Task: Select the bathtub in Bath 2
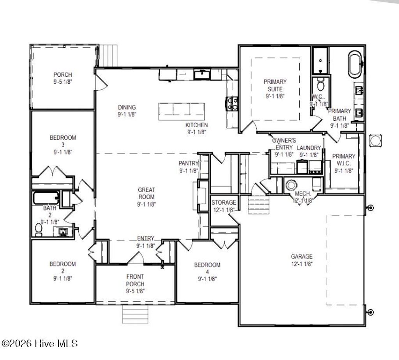(x=46, y=198)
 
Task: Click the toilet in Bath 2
(x=39, y=230)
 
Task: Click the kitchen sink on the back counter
(x=202, y=73)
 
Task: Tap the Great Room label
(x=146, y=197)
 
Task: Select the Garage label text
(x=302, y=260)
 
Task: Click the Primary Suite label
(x=275, y=89)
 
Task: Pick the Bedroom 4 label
(x=207, y=272)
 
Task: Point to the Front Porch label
(x=135, y=283)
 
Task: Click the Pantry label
(x=189, y=167)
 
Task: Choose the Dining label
(x=127, y=111)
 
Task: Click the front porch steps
(x=136, y=312)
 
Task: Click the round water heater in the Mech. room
(x=291, y=184)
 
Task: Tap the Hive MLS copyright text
(x=40, y=344)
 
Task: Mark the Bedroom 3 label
(x=63, y=145)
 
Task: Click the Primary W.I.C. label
(x=344, y=163)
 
